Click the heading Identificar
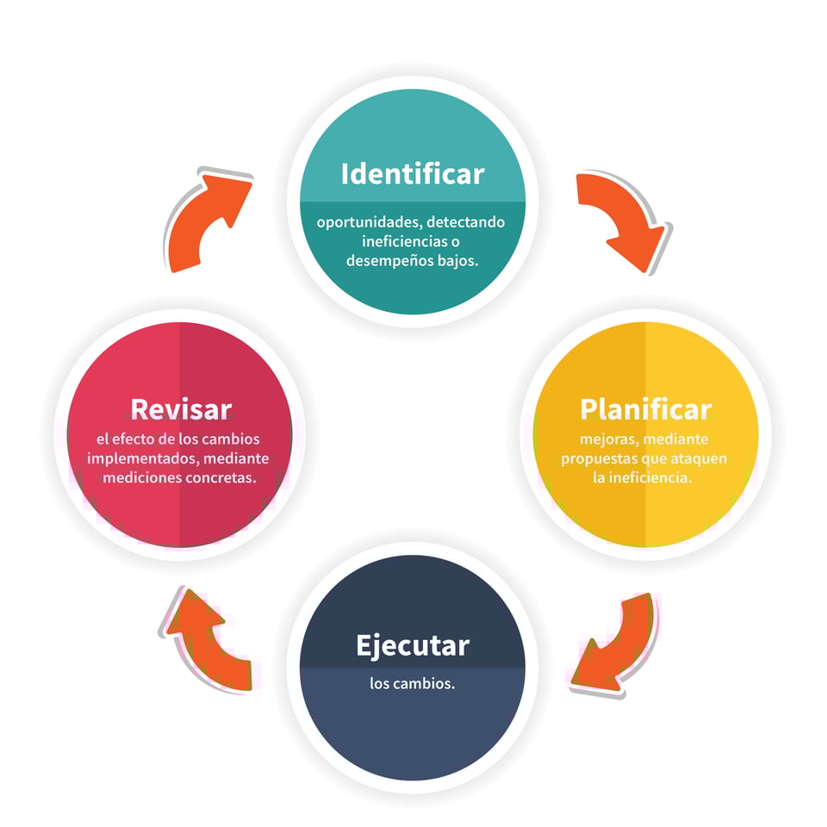coord(413,174)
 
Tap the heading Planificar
coord(645,408)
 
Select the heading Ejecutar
coord(413,645)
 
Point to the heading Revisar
coord(181,408)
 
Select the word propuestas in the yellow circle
coord(597,458)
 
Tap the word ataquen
coord(696,458)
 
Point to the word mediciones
coord(140,477)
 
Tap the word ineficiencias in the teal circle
coord(402,242)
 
